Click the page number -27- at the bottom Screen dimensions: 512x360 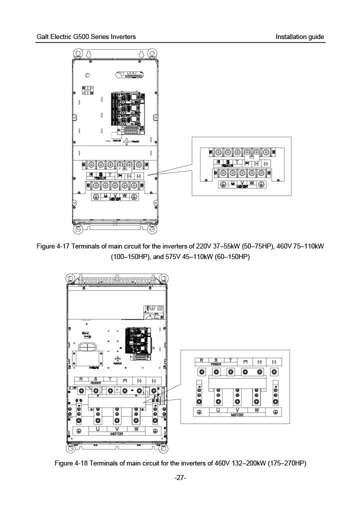tap(180, 478)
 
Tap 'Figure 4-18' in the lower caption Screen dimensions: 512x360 tap(70, 463)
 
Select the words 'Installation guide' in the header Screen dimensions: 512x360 tap(299, 37)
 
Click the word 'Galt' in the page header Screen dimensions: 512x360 tap(43, 37)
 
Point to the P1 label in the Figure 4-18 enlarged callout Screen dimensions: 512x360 tap(245, 361)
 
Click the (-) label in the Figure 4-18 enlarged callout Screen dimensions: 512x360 tap(274, 361)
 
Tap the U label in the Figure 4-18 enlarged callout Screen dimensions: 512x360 tap(218, 410)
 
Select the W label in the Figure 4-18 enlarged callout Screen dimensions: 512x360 tap(256, 410)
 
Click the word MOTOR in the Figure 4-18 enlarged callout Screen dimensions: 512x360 tap(237, 415)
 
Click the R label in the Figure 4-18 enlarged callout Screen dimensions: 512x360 tap(201, 360)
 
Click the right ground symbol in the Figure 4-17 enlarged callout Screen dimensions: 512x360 tap(263, 184)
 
